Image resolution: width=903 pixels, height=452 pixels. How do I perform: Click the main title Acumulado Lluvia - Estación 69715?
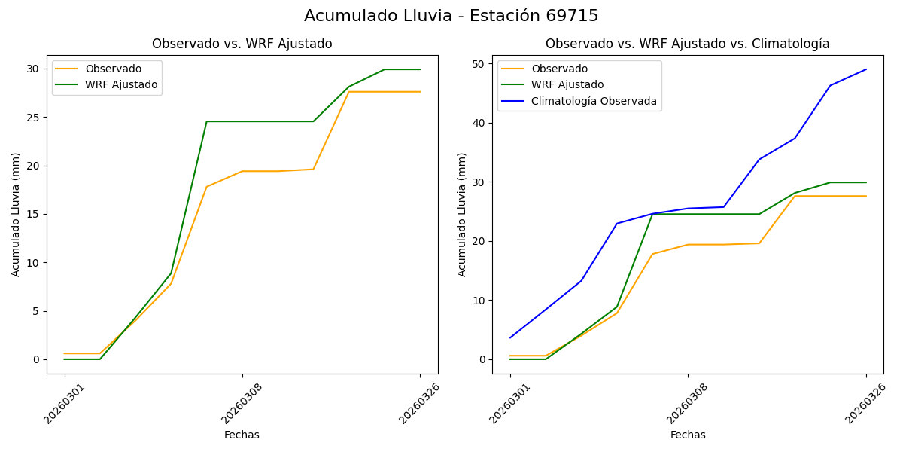click(451, 16)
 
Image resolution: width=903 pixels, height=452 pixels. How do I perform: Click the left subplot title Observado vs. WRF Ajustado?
click(242, 44)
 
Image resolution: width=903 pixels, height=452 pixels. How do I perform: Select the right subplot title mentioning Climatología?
click(687, 44)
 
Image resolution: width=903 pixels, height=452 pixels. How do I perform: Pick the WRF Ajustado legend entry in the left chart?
click(121, 84)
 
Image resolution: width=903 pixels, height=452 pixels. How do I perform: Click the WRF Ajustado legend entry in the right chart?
click(567, 84)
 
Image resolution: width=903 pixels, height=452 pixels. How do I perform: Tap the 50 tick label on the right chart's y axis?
click(477, 64)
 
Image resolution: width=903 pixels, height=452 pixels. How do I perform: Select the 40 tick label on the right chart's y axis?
click(477, 123)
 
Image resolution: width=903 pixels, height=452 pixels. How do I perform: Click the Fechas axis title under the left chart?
click(242, 435)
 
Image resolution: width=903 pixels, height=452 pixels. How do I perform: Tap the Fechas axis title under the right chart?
click(688, 435)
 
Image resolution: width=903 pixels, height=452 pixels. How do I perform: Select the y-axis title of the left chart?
click(16, 214)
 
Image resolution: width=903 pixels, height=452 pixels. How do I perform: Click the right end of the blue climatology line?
click(865, 69)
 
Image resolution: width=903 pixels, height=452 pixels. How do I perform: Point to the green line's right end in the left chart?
click(420, 69)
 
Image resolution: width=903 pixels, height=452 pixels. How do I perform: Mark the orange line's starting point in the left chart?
click(65, 353)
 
